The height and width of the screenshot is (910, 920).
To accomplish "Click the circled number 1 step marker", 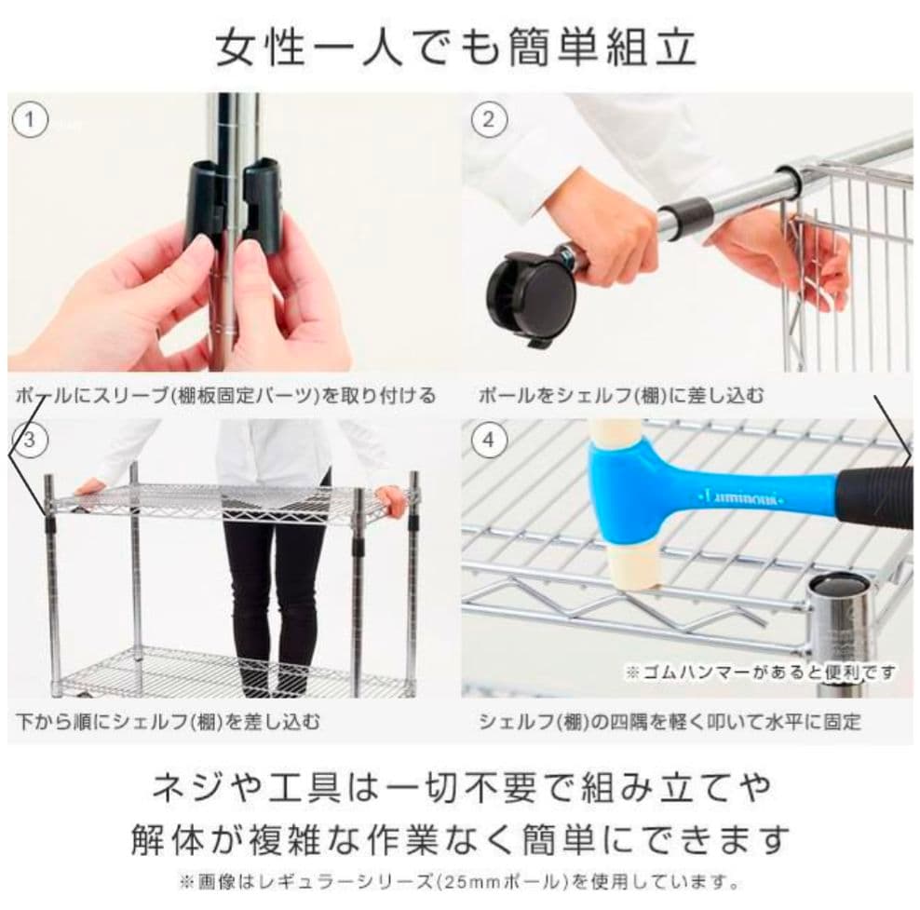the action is coord(30,120).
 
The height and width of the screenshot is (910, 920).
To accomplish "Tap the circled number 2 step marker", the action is coord(489,120).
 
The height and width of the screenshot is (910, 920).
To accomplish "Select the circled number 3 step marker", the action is coord(30,440).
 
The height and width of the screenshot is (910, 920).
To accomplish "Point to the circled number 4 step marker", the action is coord(489,440).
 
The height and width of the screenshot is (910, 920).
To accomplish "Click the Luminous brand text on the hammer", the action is coord(741,499).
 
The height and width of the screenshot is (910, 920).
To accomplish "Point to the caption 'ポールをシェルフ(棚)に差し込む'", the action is coord(621,396).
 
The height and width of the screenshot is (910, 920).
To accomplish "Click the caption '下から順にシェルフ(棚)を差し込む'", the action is coord(169,721).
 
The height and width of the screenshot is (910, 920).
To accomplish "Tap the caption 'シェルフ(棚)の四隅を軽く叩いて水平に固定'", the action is coord(670,721).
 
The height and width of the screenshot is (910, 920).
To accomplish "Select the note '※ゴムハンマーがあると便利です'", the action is coord(761,672).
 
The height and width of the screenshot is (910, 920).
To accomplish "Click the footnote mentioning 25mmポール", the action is coord(459,881).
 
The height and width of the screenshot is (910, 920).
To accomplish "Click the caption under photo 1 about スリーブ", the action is coord(226,396).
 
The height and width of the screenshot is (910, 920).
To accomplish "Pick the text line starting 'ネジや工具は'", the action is coord(461,787).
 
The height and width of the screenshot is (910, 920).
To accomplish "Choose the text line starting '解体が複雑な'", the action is coord(460,839).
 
